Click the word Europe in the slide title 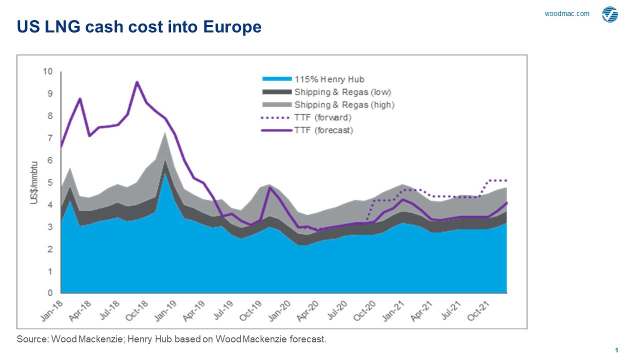pyautogui.click(x=232, y=27)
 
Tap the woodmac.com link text pyautogui.click(x=567, y=14)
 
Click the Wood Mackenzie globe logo pyautogui.click(x=610, y=15)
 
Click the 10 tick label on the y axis pyautogui.click(x=48, y=72)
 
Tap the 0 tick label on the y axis pyautogui.click(x=50, y=293)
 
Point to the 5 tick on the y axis pyautogui.click(x=50, y=182)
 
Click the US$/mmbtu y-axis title pyautogui.click(x=34, y=183)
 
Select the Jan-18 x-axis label pyautogui.click(x=52, y=311)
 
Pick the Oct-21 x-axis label pyautogui.click(x=479, y=311)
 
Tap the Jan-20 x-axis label pyautogui.click(x=279, y=311)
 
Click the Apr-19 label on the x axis pyautogui.click(x=194, y=311)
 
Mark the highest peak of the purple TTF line pyautogui.click(x=137, y=82)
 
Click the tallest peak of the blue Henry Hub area pyautogui.click(x=165, y=174)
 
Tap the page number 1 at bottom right pyautogui.click(x=617, y=350)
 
